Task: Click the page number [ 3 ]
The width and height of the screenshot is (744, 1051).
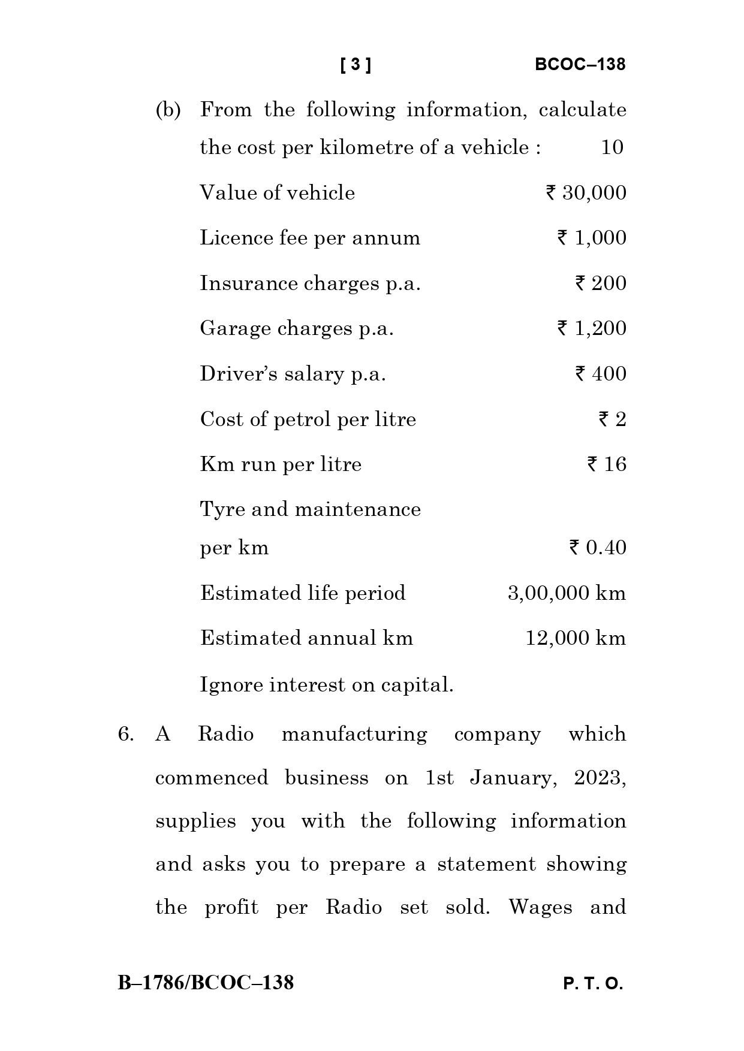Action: coord(356,65)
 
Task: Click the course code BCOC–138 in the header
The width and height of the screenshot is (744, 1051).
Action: coord(579,65)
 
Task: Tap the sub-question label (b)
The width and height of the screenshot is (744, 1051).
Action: coord(168,110)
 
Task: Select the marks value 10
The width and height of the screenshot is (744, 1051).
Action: coord(612,147)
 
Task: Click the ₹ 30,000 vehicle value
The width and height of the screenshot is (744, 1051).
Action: coord(586,193)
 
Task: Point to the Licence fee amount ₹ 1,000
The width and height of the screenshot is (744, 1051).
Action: coord(591,238)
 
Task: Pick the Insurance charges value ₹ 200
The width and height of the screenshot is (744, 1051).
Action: coord(600,283)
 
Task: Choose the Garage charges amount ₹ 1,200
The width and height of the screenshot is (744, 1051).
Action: coord(591,328)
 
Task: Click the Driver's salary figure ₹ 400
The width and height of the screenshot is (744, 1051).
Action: coord(600,374)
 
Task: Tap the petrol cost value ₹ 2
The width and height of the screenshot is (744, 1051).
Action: coord(612,419)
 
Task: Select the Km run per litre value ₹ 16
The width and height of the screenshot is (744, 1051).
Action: coord(606,464)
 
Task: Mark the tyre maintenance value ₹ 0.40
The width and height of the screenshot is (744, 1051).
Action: coord(597,548)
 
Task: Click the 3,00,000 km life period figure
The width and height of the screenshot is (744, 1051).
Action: coord(567,593)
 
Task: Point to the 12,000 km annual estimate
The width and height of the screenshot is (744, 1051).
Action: coord(576,638)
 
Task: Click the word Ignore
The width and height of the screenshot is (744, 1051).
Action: coord(231,685)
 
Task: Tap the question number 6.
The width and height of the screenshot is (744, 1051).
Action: coord(125,735)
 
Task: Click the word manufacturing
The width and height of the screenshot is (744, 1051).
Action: coord(354,735)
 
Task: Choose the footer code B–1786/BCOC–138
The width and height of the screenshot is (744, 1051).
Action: coord(206,983)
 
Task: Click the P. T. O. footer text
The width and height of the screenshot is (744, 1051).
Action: coord(593,984)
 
